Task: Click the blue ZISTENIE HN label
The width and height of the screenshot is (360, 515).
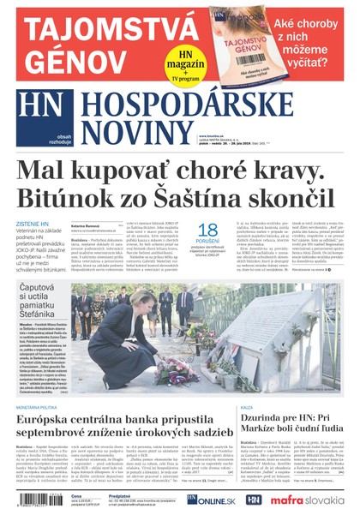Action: [33, 224]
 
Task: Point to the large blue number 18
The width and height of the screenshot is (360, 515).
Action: [208, 231]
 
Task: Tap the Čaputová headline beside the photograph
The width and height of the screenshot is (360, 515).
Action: [44, 300]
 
